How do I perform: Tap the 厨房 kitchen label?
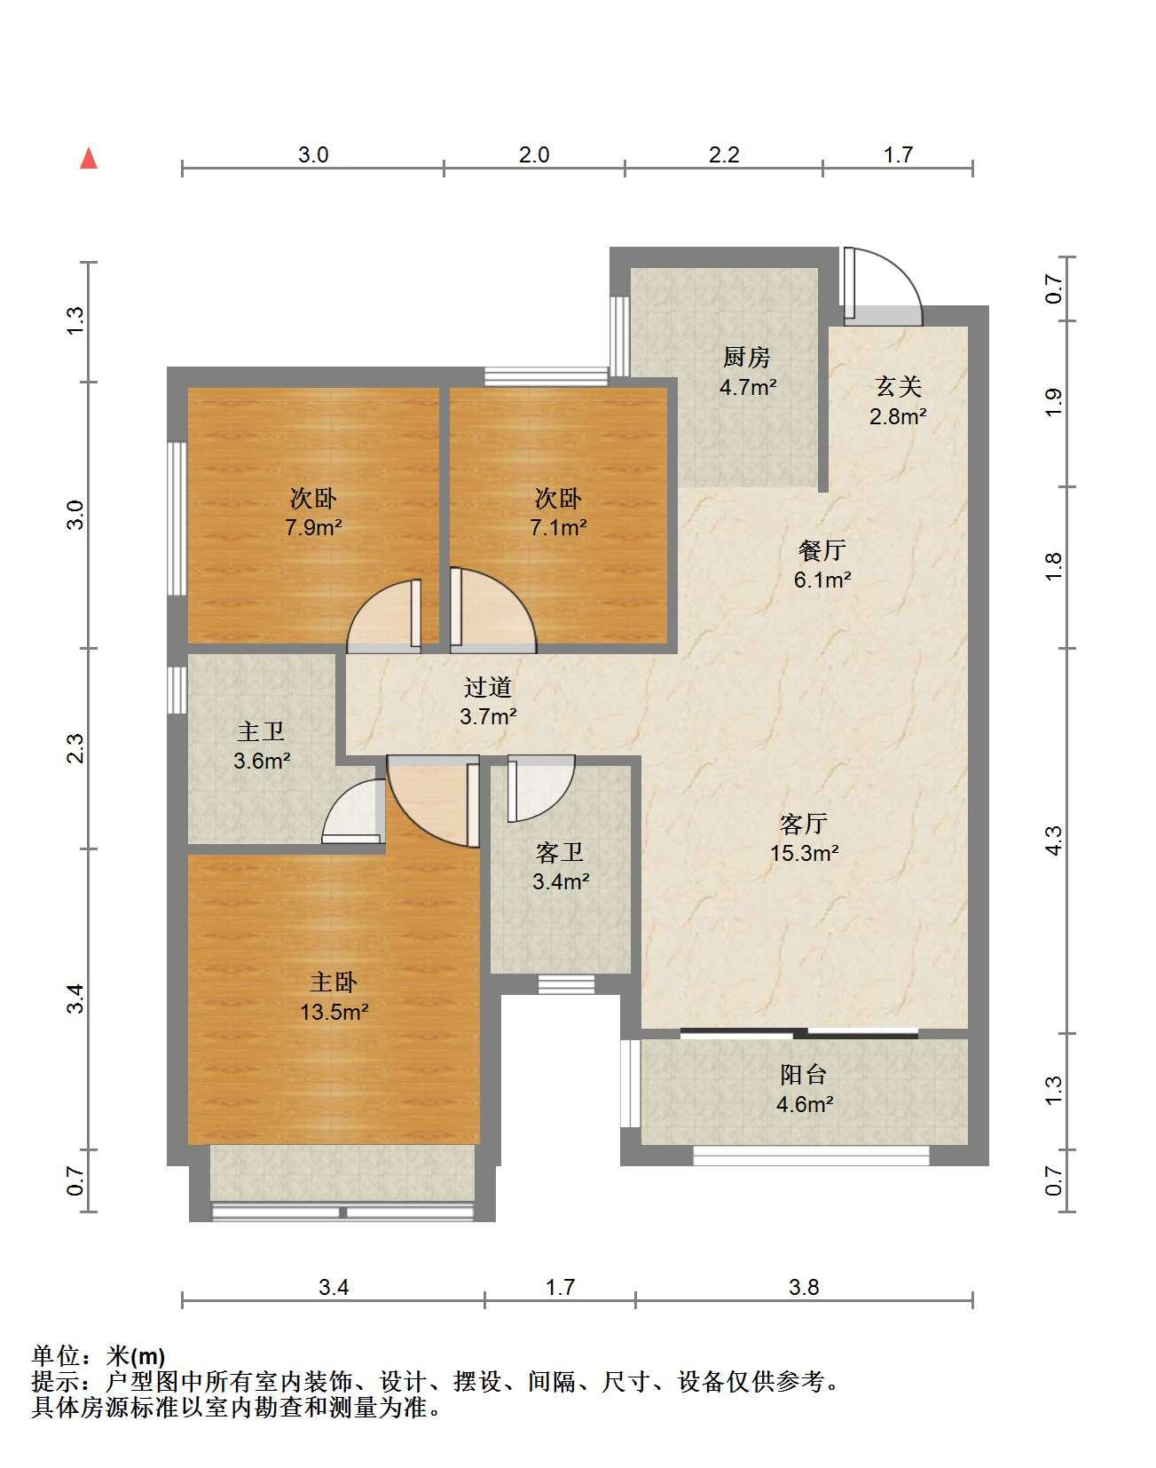pyautogui.click(x=747, y=358)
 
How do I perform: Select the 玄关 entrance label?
pyautogui.click(x=899, y=386)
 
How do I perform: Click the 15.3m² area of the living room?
pyautogui.click(x=805, y=853)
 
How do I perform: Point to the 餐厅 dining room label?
pyautogui.click(x=822, y=550)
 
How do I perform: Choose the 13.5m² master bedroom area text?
pyautogui.click(x=334, y=1012)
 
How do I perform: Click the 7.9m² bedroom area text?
pyautogui.click(x=313, y=527)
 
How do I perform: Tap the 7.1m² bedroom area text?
pyautogui.click(x=558, y=527)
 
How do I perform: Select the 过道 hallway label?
pyautogui.click(x=488, y=687)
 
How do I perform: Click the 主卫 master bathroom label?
pyautogui.click(x=261, y=731)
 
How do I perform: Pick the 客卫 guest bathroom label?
pyautogui.click(x=560, y=853)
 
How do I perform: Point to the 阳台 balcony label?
pyautogui.click(x=804, y=1075)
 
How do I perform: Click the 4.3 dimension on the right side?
pyautogui.click(x=1053, y=841)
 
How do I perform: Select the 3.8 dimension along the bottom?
pyautogui.click(x=804, y=1286)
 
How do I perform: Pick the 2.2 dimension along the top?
pyautogui.click(x=724, y=154)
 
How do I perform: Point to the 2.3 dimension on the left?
pyautogui.click(x=76, y=748)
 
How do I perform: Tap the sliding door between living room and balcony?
pyautogui.click(x=799, y=1033)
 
